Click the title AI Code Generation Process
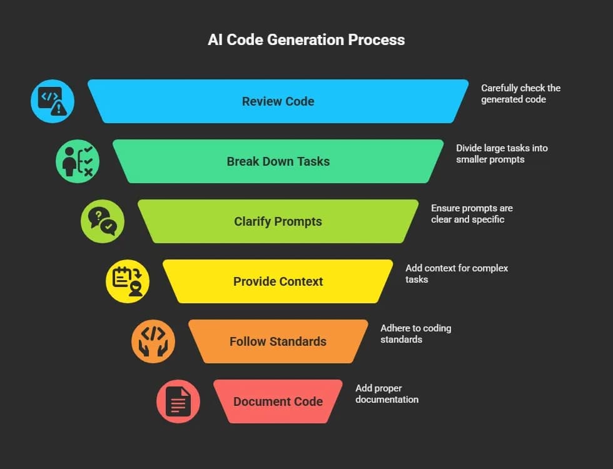pyautogui.click(x=306, y=40)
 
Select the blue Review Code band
pyautogui.click(x=278, y=101)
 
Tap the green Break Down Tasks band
pyautogui.click(x=278, y=161)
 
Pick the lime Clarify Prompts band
pyautogui.click(x=278, y=221)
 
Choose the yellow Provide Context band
pyautogui.click(x=278, y=281)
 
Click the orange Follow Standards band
pyautogui.click(x=278, y=341)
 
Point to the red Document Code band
pyautogui.click(x=278, y=401)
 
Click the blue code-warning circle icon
pyautogui.click(x=53, y=101)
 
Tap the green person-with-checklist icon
pyautogui.click(x=78, y=161)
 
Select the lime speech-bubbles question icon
pyautogui.click(x=103, y=221)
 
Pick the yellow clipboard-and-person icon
pyautogui.click(x=128, y=281)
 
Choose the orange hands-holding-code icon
pyautogui.click(x=153, y=341)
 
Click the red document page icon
pyautogui.click(x=178, y=401)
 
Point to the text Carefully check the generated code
pyautogui.click(x=520, y=94)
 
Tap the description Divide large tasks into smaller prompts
pyautogui.click(x=502, y=154)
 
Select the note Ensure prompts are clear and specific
pyautogui.click(x=472, y=214)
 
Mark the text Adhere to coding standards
pyautogui.click(x=415, y=334)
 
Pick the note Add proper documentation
pyautogui.click(x=387, y=394)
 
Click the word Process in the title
pyautogui.click(x=378, y=40)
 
